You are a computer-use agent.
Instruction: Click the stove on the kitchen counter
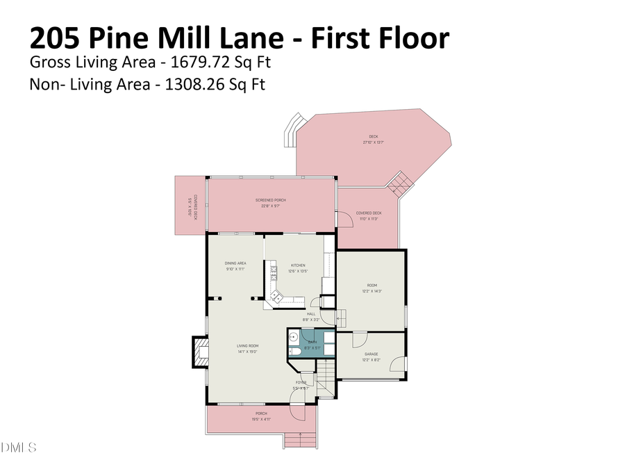pyautogui.click(x=274, y=272)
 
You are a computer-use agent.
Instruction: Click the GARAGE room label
pyautogui.click(x=372, y=354)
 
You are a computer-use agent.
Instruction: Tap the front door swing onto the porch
pyautogui.click(x=297, y=413)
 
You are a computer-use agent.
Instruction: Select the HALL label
pyautogui.click(x=311, y=314)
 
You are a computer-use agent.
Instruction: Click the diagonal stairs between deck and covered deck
pyautogui.click(x=401, y=184)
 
